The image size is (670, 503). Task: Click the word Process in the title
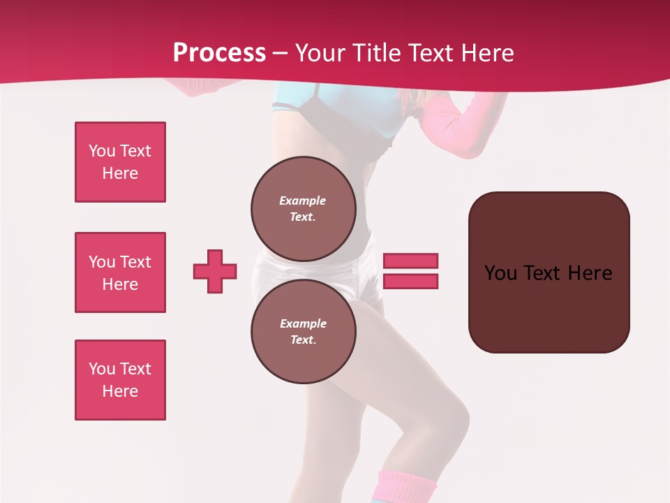click(x=219, y=53)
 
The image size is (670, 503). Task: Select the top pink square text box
click(x=120, y=162)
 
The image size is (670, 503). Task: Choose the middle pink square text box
click(x=120, y=272)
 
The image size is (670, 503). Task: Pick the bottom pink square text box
click(x=120, y=380)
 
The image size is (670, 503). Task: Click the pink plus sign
click(x=215, y=271)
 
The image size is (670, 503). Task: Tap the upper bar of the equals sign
click(x=410, y=261)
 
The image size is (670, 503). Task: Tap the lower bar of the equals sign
click(x=410, y=282)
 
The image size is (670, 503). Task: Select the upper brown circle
click(x=303, y=208)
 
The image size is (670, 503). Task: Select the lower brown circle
click(x=303, y=331)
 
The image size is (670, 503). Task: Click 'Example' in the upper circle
click(x=302, y=201)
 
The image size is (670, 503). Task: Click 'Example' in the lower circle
click(x=303, y=323)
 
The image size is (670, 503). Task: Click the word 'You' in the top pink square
click(x=102, y=151)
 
